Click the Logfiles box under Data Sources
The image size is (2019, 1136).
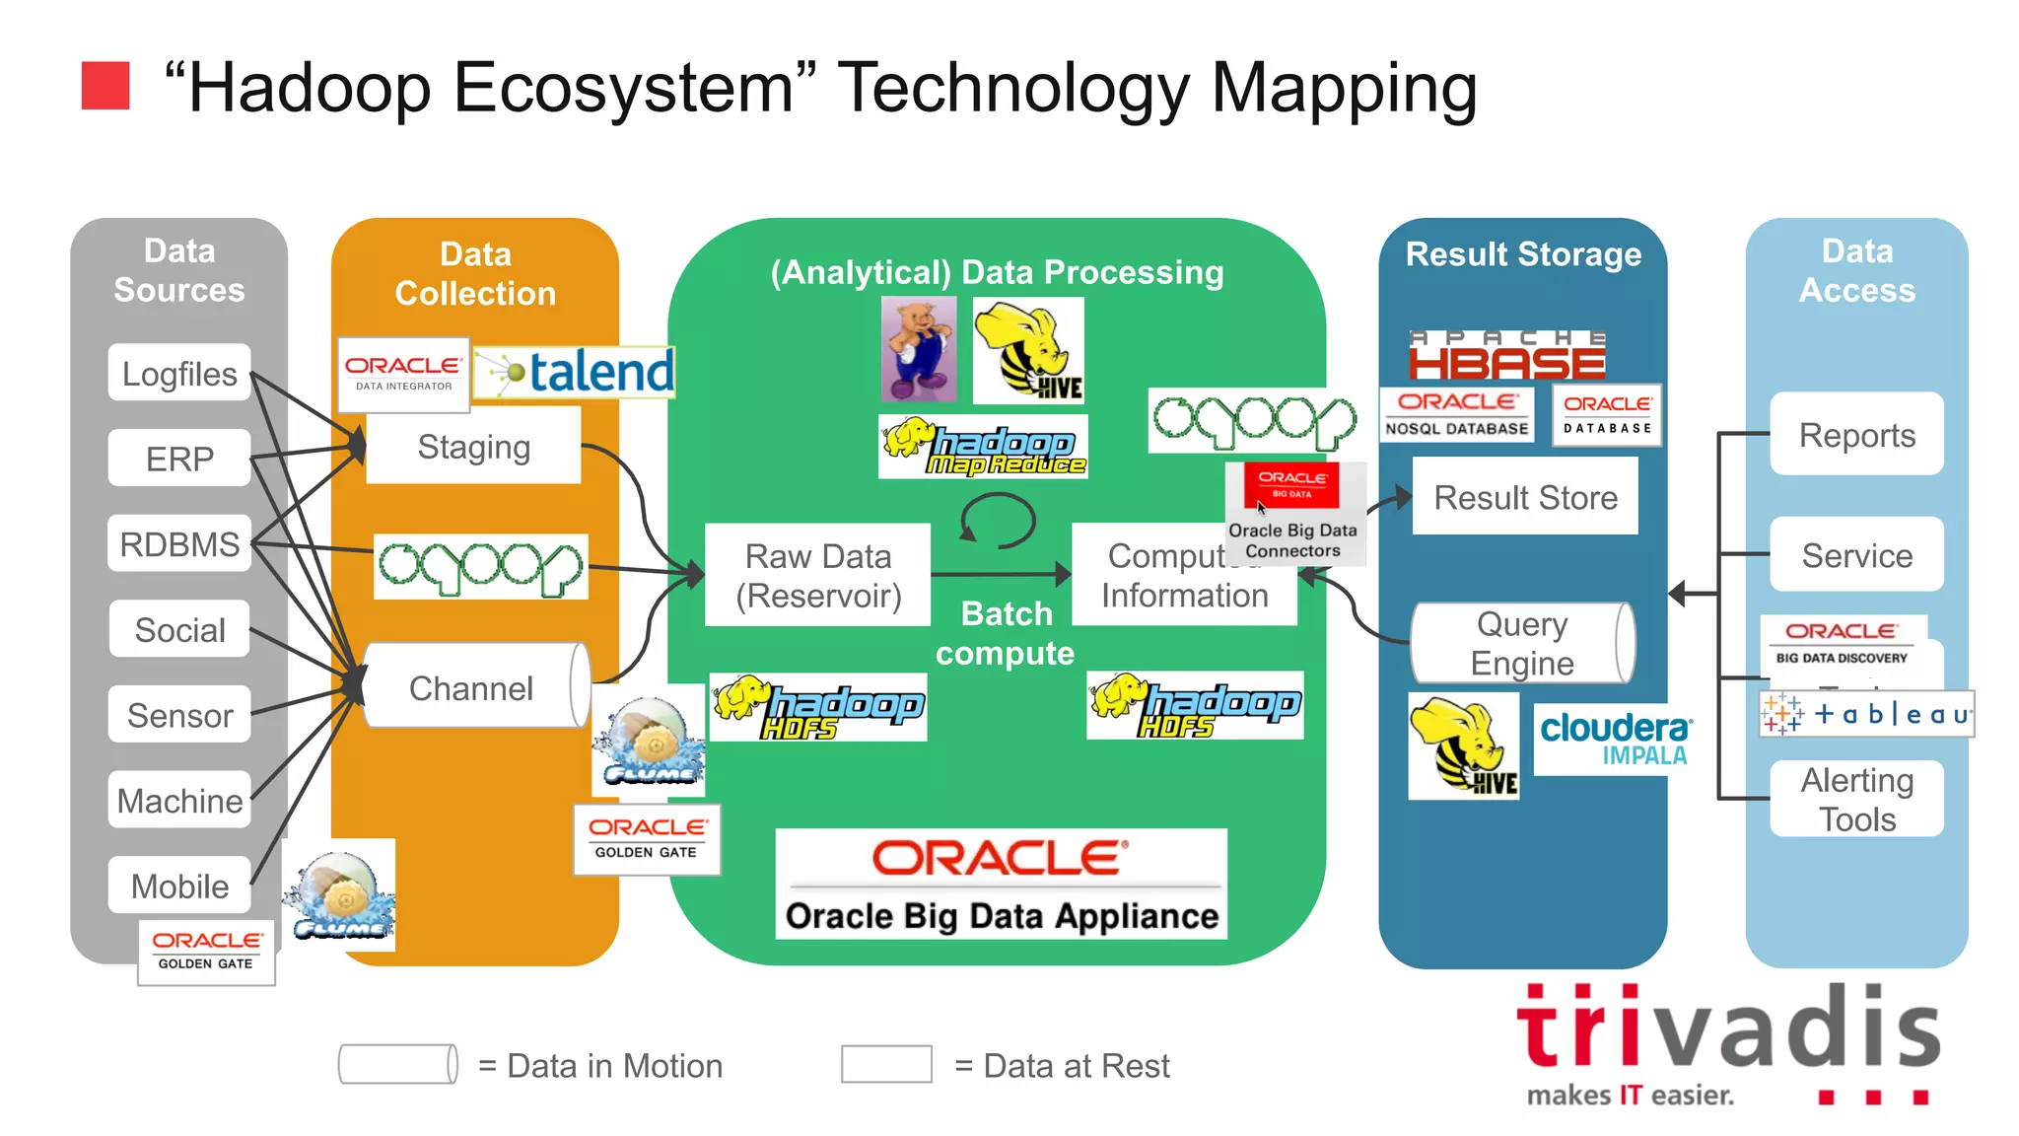tap(179, 373)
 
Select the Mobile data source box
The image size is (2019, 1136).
tap(179, 885)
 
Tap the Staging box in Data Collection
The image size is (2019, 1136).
tap(473, 447)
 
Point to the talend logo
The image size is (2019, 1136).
tap(575, 372)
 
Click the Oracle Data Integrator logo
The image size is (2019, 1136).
tap(403, 374)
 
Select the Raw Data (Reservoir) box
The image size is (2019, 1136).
tap(817, 575)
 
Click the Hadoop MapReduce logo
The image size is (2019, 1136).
tap(983, 447)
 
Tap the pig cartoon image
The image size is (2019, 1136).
tap(919, 349)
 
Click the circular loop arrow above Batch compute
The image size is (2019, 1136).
tap(998, 520)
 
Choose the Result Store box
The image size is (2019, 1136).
tap(1524, 496)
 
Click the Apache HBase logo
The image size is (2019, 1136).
tap(1507, 356)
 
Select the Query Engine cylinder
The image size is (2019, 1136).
tap(1522, 643)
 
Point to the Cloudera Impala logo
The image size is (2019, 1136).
tap(1614, 738)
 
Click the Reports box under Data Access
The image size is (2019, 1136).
tap(1856, 434)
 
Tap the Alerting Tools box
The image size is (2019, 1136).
tap(1856, 799)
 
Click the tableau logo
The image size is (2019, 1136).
tap(1866, 713)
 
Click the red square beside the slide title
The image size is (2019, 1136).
tap(105, 85)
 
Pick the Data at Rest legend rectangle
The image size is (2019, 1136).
tap(886, 1064)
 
